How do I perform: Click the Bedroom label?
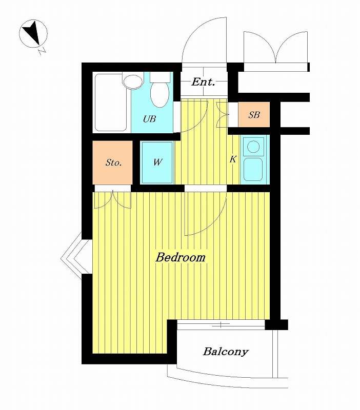pos(181,257)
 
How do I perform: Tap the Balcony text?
pos(226,352)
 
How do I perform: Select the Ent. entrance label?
pos(203,82)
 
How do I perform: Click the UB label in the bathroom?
pos(149,119)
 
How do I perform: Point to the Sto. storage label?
pos(113,162)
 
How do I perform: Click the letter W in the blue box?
pos(157,162)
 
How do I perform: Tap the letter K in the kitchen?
pos(233,159)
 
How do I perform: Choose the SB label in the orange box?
pos(254,114)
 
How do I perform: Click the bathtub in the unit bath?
pos(111,102)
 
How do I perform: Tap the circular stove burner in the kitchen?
pos(253,147)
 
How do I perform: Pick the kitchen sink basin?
pos(253,169)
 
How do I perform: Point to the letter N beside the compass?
pos(42,51)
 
